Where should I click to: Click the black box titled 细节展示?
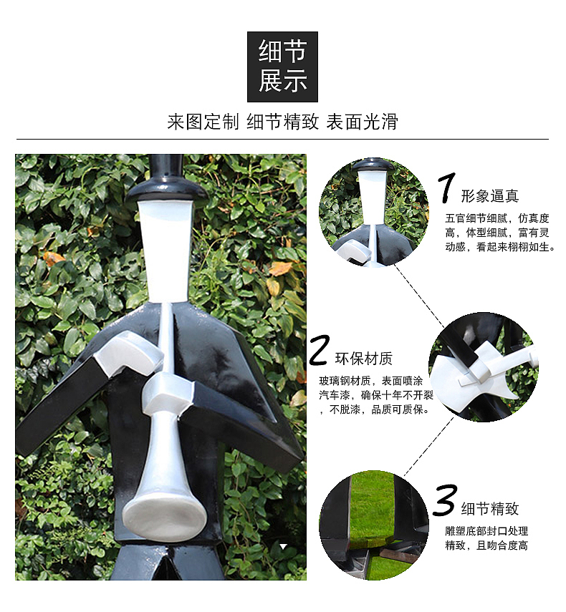pyautogui.click(x=282, y=67)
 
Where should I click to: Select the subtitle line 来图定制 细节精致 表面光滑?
pyautogui.click(x=282, y=122)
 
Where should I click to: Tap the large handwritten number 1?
pyautogui.click(x=446, y=188)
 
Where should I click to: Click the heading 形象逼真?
pyautogui.click(x=490, y=196)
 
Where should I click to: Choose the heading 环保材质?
pyautogui.click(x=364, y=359)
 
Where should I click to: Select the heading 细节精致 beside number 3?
pyautogui.click(x=490, y=509)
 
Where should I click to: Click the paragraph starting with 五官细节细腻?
pyautogui.click(x=499, y=233)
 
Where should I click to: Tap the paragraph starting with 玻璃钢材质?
pyautogui.click(x=375, y=395)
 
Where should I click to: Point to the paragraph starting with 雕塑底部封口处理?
pyautogui.click(x=486, y=538)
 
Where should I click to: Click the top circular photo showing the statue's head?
pyautogui.click(x=374, y=213)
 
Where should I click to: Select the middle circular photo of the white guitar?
pyautogui.click(x=484, y=367)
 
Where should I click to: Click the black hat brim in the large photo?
pyautogui.click(x=166, y=190)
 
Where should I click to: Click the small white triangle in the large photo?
pyautogui.click(x=284, y=546)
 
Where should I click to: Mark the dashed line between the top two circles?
pyautogui.click(x=420, y=296)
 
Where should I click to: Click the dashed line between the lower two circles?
pyautogui.click(x=428, y=447)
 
